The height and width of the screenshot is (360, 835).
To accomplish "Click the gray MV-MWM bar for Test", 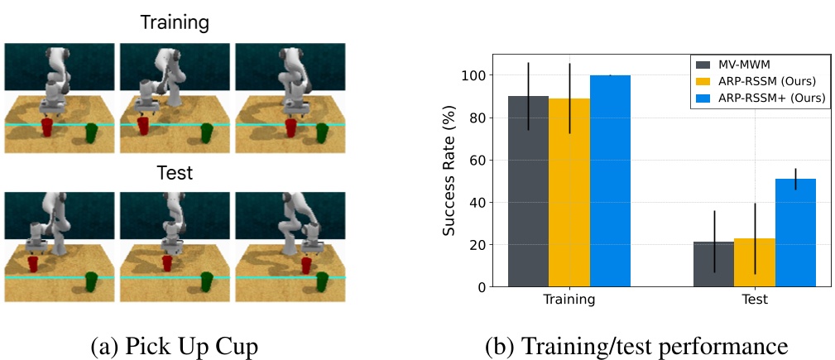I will (x=713, y=264).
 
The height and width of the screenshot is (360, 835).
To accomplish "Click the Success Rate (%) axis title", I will (x=449, y=170).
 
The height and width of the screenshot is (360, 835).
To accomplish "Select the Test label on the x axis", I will (x=754, y=300).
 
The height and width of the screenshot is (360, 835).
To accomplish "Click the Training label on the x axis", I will (x=569, y=300).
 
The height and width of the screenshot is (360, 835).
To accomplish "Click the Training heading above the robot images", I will (x=175, y=22).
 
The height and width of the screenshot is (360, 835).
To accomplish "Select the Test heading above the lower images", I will (x=175, y=173).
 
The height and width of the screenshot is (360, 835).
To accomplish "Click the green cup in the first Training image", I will (x=92, y=130).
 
